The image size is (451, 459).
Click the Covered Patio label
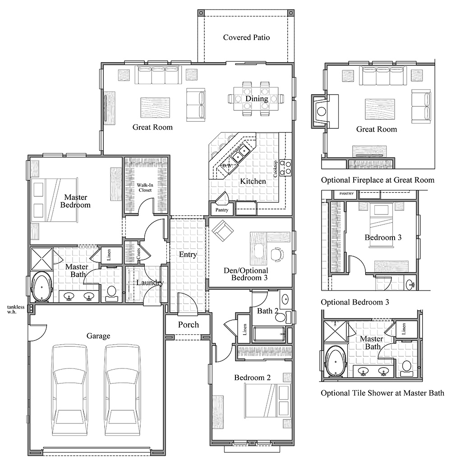[246, 37]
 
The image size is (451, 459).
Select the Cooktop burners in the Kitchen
[285, 167]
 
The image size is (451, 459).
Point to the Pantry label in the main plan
[221, 210]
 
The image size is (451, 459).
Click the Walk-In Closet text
[146, 187]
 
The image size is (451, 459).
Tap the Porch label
[188, 325]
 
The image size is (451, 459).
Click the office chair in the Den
[277, 254]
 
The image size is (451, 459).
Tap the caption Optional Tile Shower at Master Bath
[382, 393]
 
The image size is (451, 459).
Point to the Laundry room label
[150, 282]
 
